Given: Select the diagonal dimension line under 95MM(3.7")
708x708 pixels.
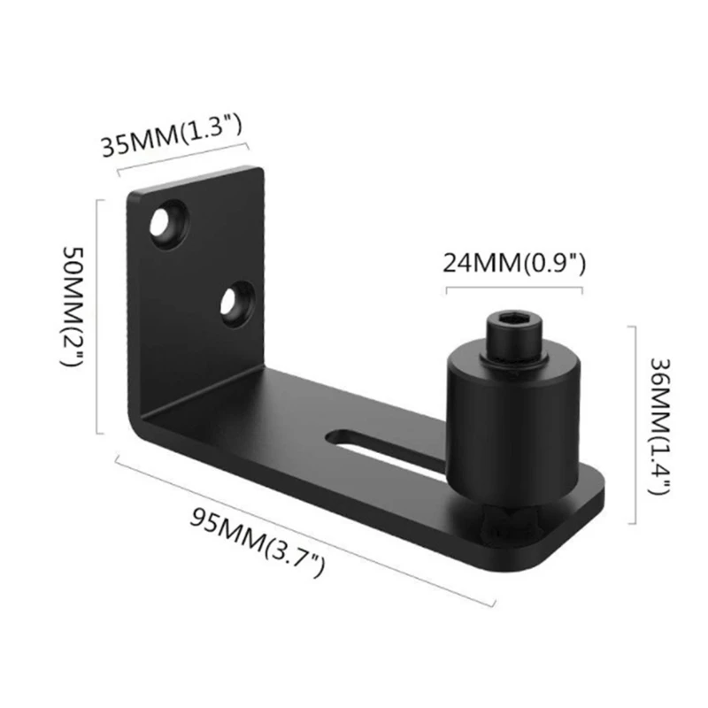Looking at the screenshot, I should [x=301, y=531].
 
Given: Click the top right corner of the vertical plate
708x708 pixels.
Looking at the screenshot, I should [x=263, y=170].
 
